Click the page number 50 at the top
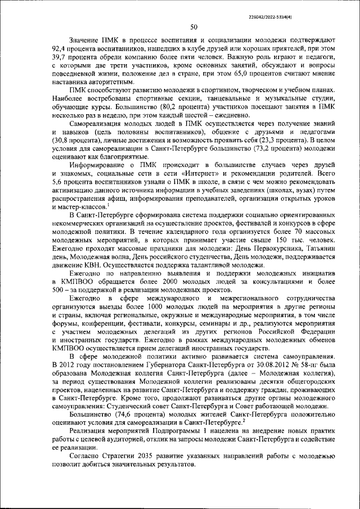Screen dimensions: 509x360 click(x=193, y=27)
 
